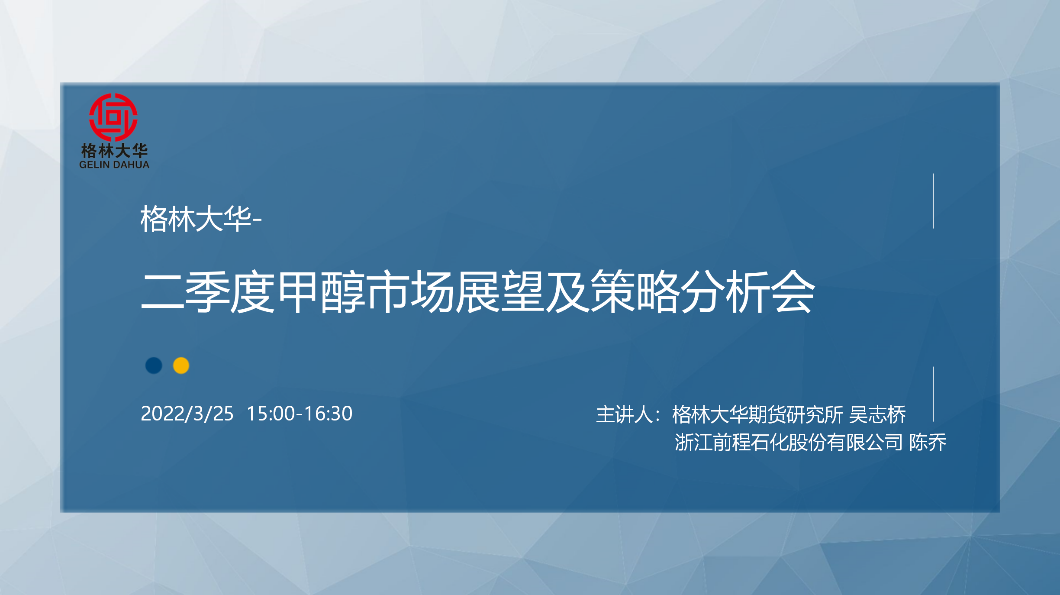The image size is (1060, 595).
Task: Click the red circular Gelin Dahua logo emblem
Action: (113, 117)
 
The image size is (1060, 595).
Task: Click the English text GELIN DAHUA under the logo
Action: (114, 165)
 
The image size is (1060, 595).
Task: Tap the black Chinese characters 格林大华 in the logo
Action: (114, 151)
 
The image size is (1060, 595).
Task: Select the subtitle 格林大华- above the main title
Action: (201, 219)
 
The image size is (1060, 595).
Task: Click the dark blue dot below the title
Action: (154, 365)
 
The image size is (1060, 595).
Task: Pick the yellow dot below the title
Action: (181, 365)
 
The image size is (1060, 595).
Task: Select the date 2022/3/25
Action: (187, 414)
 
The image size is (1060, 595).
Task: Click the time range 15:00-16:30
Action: (300, 414)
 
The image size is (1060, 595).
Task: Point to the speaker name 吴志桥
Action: (877, 414)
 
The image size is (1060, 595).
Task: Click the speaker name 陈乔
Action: (928, 442)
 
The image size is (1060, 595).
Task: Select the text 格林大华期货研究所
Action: (758, 414)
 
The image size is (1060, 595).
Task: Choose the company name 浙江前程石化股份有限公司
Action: (789, 442)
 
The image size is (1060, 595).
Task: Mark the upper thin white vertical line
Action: (933, 201)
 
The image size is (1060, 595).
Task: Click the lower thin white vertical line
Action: (933, 394)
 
